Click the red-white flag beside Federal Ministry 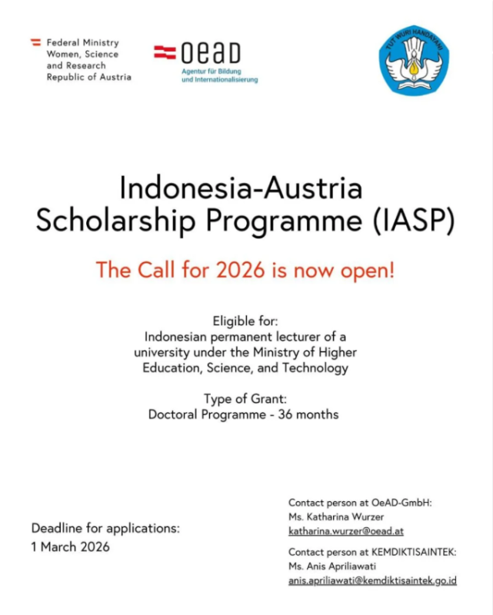click(35, 43)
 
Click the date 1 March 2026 click(70, 547)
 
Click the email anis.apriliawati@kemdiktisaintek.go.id click(372, 580)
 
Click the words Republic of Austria click(88, 77)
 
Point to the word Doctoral click(172, 414)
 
